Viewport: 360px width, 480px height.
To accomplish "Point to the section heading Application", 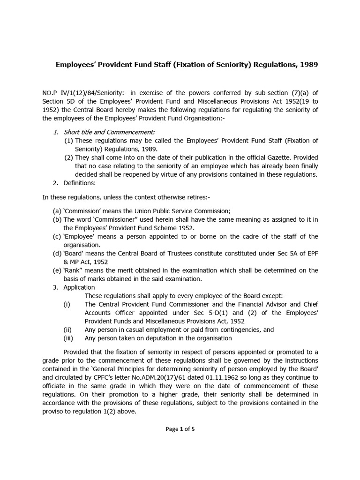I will pos(79,287).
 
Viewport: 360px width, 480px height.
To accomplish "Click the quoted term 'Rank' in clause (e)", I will pos(73,270).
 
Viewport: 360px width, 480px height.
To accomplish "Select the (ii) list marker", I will pos(67,330).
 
